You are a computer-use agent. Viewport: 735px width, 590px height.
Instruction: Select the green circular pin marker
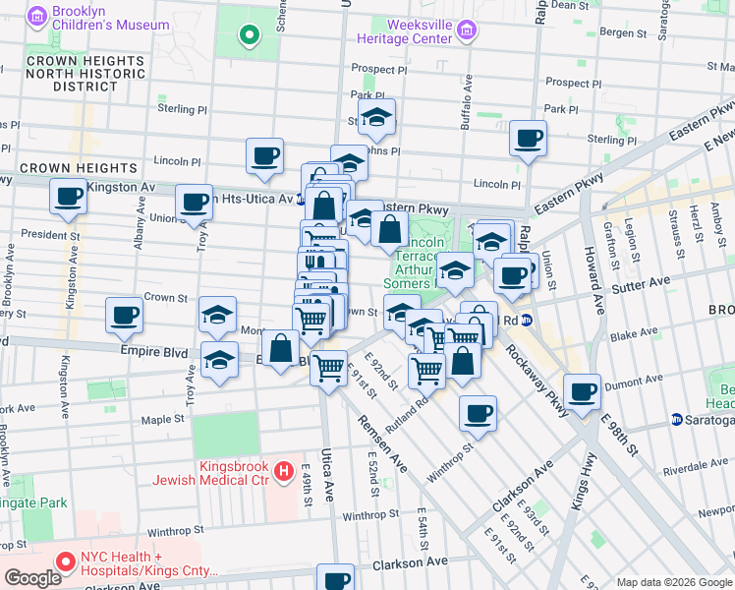pyautogui.click(x=249, y=37)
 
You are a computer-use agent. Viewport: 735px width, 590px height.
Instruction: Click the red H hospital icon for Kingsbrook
pyautogui.click(x=285, y=472)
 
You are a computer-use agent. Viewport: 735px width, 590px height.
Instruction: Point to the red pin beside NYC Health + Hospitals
pyautogui.click(x=67, y=562)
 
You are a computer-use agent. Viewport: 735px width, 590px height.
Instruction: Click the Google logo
pyautogui.click(x=32, y=578)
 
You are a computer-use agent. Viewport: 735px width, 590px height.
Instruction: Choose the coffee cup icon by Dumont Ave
pyautogui.click(x=583, y=390)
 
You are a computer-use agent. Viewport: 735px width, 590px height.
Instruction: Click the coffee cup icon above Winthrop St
pyautogui.click(x=478, y=413)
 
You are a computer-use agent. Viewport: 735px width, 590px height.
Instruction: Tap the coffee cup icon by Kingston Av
pyautogui.click(x=68, y=196)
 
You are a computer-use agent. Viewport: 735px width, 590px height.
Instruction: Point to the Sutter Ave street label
pyautogui.click(x=642, y=281)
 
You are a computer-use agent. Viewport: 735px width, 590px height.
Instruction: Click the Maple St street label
pyautogui.click(x=165, y=419)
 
